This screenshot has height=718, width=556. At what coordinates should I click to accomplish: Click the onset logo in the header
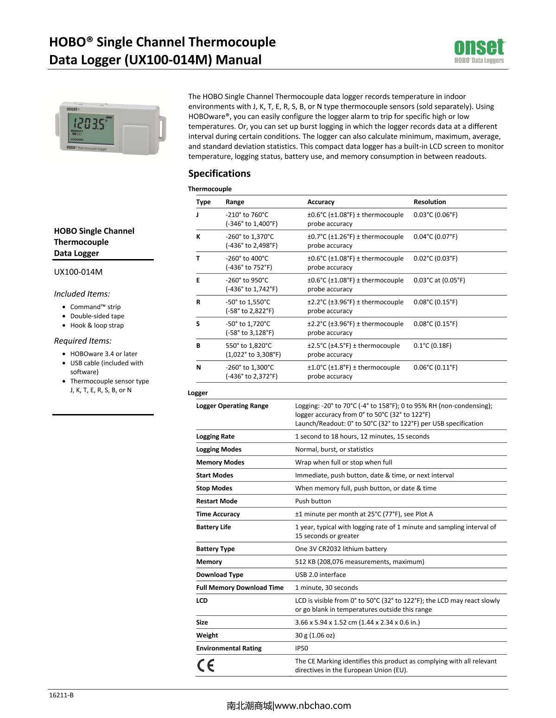479,50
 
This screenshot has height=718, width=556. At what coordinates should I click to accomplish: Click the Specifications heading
219,173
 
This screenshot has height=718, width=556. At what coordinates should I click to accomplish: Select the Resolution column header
430,202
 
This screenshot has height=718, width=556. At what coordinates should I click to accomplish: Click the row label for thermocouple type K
198,236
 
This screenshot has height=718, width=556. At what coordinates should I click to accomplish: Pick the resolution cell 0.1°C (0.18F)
432,346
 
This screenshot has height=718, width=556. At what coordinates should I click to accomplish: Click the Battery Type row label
215,549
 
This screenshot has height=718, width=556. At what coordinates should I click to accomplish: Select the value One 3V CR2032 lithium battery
341,549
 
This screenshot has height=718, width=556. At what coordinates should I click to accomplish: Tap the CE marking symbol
206,665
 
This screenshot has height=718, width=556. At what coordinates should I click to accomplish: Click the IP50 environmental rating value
301,648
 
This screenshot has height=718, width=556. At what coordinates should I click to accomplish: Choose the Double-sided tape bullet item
97,316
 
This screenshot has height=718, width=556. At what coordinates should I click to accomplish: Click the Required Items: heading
82,341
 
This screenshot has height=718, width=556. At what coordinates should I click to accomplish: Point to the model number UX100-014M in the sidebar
78,272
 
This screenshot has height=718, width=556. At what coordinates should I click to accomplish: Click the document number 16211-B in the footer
61,695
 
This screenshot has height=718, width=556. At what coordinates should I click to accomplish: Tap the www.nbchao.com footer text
313,706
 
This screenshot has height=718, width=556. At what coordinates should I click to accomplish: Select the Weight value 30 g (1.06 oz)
315,635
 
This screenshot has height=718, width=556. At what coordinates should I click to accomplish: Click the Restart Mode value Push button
313,501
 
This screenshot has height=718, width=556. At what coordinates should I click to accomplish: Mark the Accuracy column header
321,202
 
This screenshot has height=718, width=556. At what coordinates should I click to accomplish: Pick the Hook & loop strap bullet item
97,325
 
